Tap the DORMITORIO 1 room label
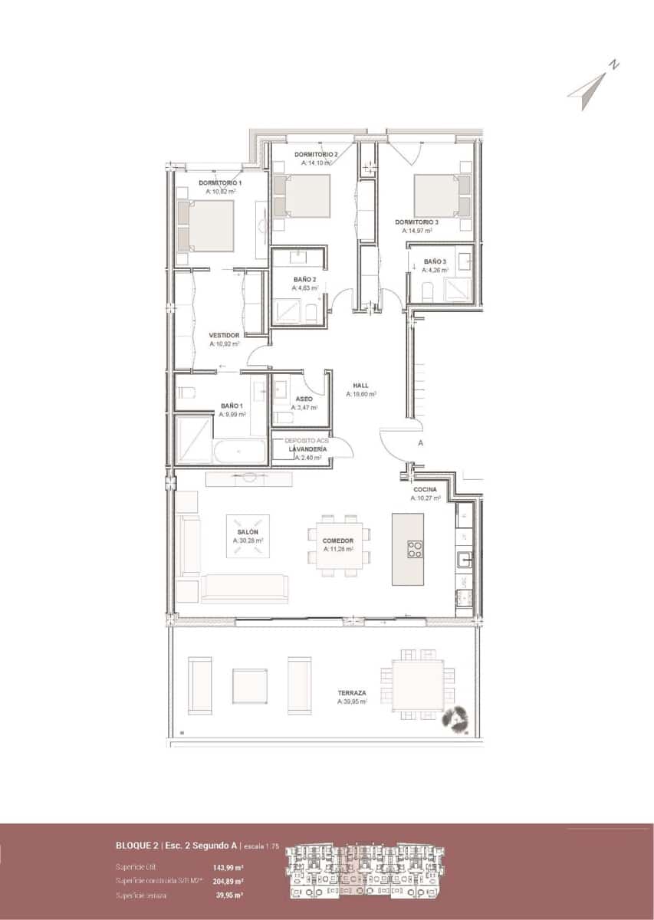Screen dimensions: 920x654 (220, 183)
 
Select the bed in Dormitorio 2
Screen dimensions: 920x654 (302, 195)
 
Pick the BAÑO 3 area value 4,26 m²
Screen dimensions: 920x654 (435, 270)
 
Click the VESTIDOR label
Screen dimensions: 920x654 (225, 336)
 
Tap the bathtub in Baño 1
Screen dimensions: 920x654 (240, 452)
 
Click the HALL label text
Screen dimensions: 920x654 (360, 386)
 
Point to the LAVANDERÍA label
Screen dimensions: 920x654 (307, 449)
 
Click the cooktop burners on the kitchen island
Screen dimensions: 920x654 (415, 549)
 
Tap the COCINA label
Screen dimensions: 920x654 (426, 489)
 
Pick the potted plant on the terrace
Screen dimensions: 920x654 (461, 719)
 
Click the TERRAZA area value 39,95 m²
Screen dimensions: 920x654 (352, 701)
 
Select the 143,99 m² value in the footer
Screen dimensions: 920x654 (228, 867)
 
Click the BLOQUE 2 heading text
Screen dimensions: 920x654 (137, 846)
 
